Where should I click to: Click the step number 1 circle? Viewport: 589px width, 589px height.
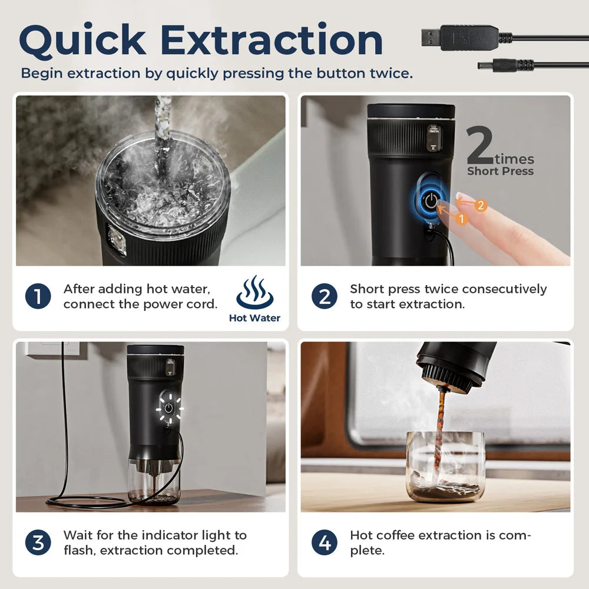coord(38,296)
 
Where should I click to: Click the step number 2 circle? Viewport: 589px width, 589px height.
coord(325,296)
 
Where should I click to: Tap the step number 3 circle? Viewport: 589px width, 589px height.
coord(38,542)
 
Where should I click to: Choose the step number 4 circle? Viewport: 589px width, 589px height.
coord(325,542)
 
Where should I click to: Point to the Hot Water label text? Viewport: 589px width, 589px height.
coord(254,319)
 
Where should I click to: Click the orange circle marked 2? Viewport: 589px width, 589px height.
coord(481,206)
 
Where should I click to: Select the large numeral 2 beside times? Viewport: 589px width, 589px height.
coord(479,147)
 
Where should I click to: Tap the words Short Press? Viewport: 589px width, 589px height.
coord(500,171)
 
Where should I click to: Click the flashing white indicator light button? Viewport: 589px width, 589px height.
coord(169,408)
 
